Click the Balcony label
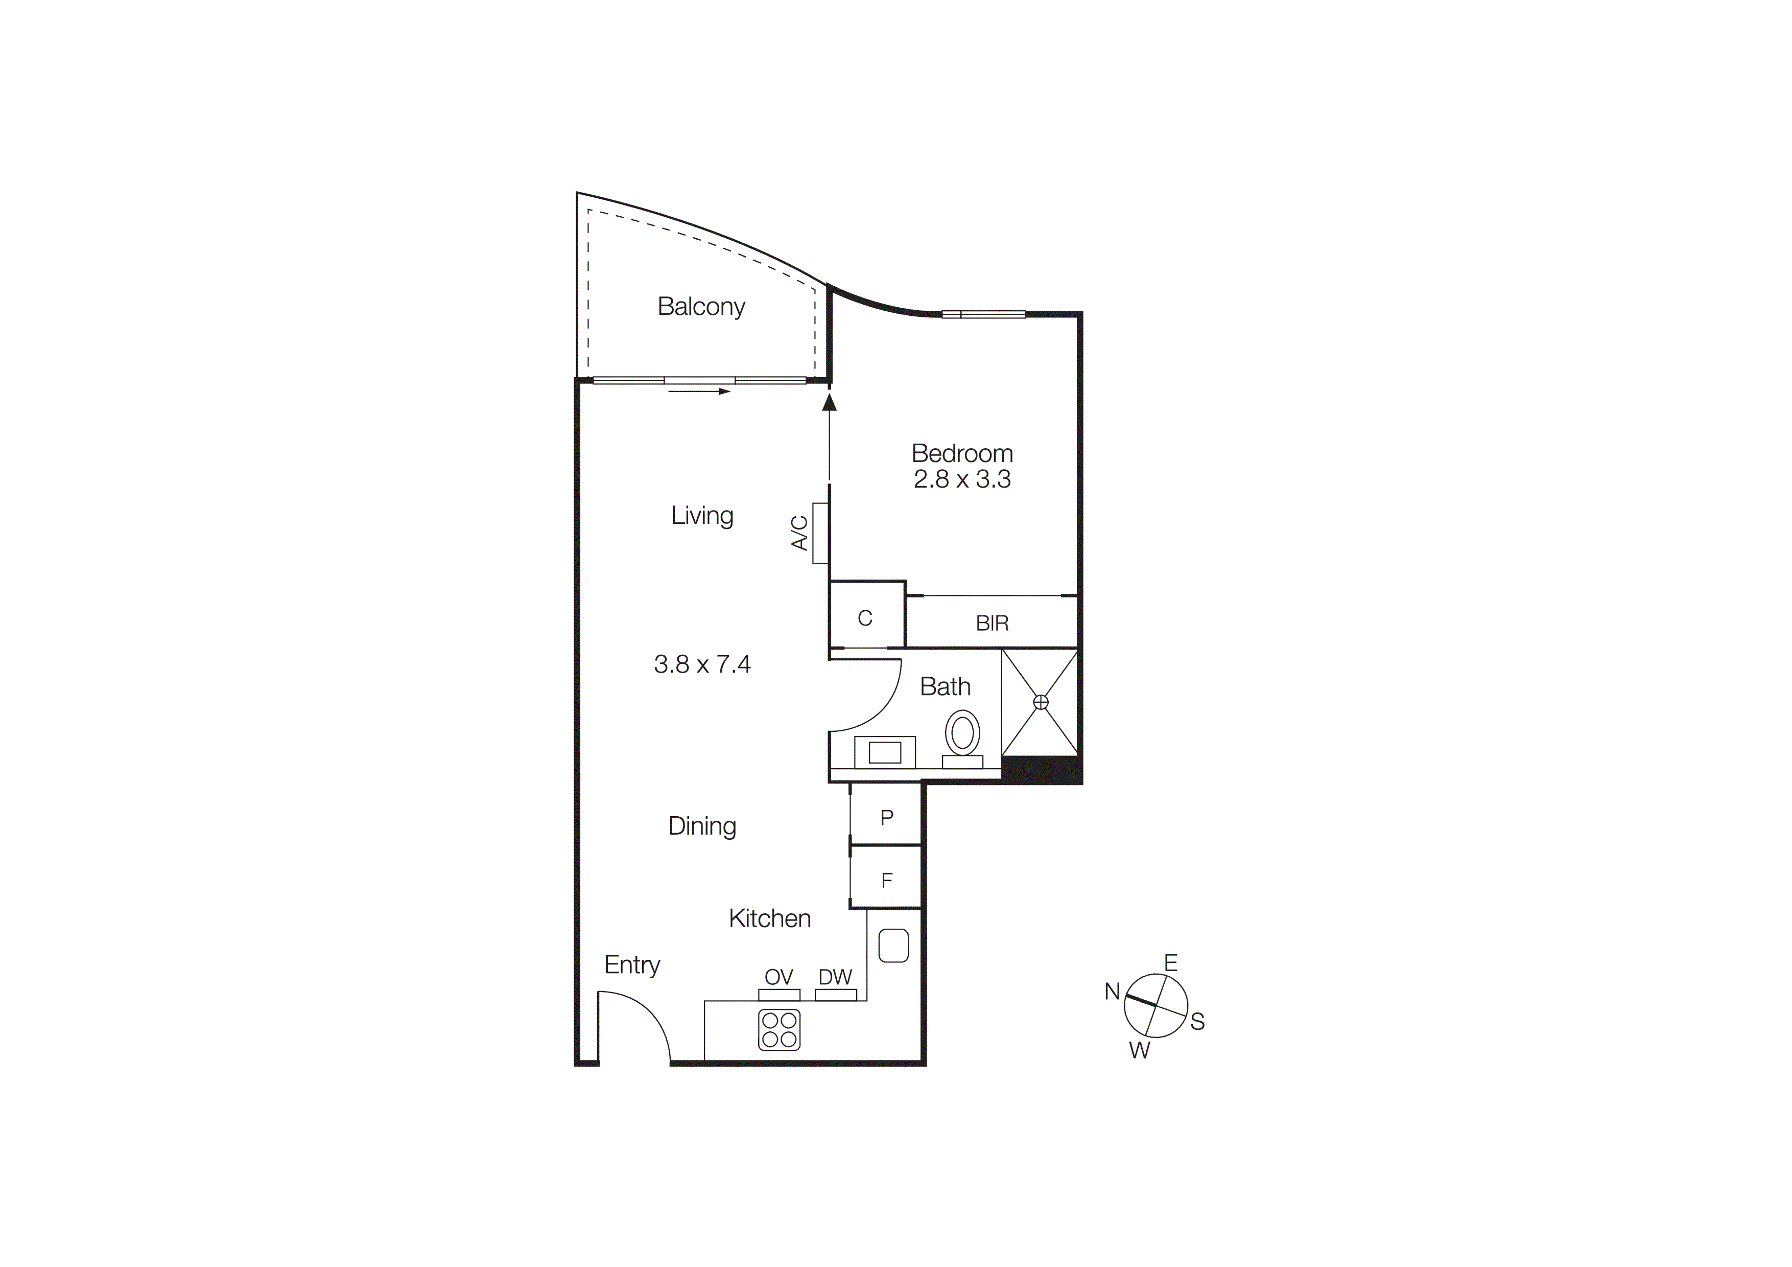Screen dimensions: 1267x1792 pyautogui.click(x=701, y=306)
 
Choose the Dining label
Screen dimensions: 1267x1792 pyautogui.click(x=702, y=826)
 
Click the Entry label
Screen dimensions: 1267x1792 pyautogui.click(x=631, y=965)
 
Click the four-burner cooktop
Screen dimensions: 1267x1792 pyautogui.click(x=779, y=1030)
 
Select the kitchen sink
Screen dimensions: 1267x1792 pyautogui.click(x=893, y=946)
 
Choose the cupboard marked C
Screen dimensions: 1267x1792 pyautogui.click(x=865, y=618)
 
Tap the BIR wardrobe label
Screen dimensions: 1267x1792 pyautogui.click(x=992, y=623)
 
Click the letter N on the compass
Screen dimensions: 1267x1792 pyautogui.click(x=1112, y=992)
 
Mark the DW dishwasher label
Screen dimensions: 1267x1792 pyautogui.click(x=835, y=977)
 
